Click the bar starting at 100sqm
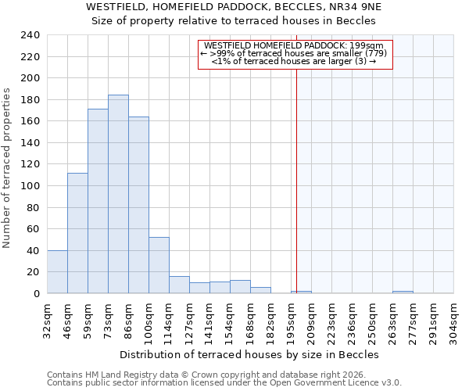click(x=159, y=265)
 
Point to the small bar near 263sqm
click(x=403, y=292)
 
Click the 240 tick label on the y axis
click(x=30, y=35)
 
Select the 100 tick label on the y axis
click(x=30, y=186)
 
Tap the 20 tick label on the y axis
click(x=33, y=272)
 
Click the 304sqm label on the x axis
click(x=454, y=318)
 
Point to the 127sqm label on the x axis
click(x=190, y=318)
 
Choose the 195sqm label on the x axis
click(x=292, y=318)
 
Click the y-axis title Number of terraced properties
click(x=7, y=168)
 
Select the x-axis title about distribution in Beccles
click(x=249, y=354)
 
